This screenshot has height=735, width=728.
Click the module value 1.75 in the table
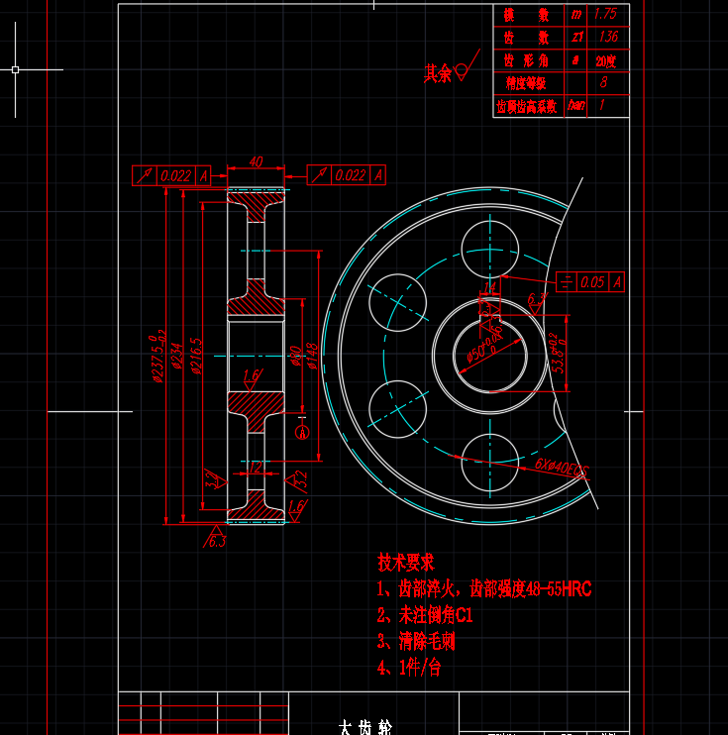(605, 15)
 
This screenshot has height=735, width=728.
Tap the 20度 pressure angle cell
(605, 60)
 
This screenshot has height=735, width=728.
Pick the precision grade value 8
(604, 83)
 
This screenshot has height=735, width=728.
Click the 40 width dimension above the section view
(256, 161)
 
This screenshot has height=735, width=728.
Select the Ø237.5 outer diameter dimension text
(157, 357)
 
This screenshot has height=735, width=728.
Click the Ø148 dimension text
(311, 356)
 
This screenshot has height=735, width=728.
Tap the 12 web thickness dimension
(255, 467)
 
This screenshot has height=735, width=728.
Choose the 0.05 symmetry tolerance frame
(592, 282)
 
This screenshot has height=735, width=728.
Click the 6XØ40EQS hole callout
(561, 467)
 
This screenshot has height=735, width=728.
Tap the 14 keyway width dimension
(489, 287)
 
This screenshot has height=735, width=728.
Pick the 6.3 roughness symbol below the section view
(215, 541)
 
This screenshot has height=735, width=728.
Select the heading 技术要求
(406, 562)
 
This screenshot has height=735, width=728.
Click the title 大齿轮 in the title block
(360, 727)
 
